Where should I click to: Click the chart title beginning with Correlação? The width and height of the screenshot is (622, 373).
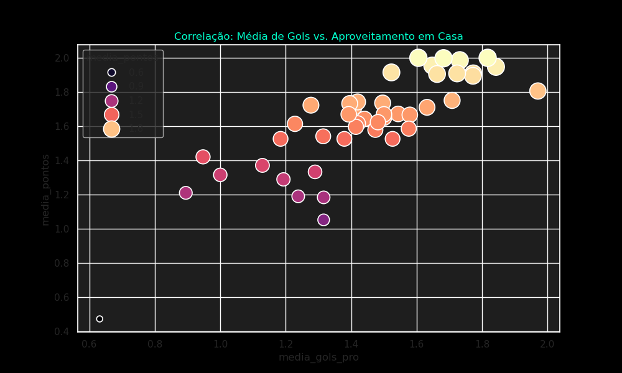point(318,37)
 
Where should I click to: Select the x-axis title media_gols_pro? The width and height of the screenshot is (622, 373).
point(318,357)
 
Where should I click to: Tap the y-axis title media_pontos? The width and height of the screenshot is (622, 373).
point(45,190)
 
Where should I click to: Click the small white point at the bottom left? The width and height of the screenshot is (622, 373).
point(100,319)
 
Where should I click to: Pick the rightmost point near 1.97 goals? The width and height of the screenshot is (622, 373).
point(538,91)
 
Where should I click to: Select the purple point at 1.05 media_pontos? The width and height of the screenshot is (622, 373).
point(323,219)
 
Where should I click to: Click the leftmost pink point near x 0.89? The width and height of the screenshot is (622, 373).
point(185,193)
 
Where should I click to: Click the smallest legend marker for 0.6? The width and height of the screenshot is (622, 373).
point(111,73)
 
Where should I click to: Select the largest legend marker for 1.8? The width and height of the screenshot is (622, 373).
point(111,129)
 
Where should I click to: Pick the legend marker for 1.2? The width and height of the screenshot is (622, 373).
point(111,101)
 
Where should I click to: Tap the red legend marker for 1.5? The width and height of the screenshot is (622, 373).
point(111,114)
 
